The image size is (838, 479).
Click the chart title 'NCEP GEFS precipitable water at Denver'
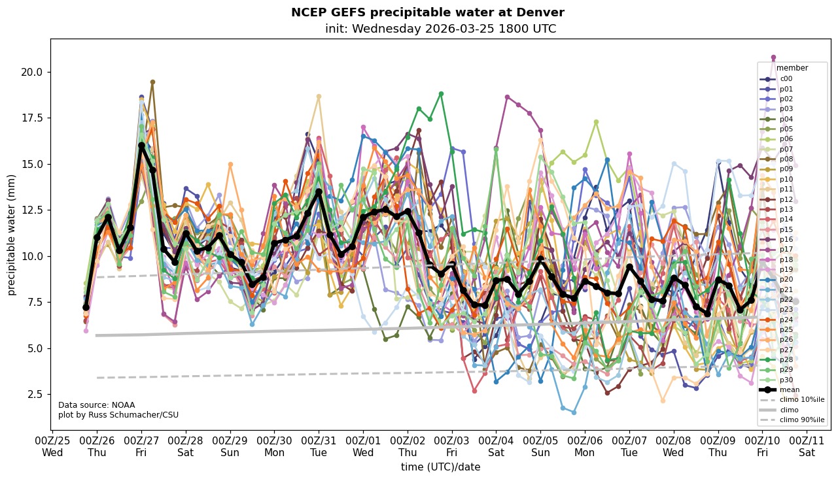click(x=427, y=12)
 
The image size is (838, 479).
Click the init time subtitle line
click(x=440, y=29)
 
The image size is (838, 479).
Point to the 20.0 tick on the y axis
click(x=33, y=72)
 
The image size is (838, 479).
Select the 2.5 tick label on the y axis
click(x=35, y=394)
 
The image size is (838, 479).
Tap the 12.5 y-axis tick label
click(x=33, y=210)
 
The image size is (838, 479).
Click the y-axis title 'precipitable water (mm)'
click(x=12, y=235)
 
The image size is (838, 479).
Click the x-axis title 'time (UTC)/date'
click(x=440, y=467)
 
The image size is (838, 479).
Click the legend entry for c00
click(x=786, y=79)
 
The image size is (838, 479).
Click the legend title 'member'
click(x=792, y=68)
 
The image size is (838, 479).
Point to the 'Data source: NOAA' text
click(x=96, y=405)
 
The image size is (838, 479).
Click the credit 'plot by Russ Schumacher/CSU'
click(x=118, y=415)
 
